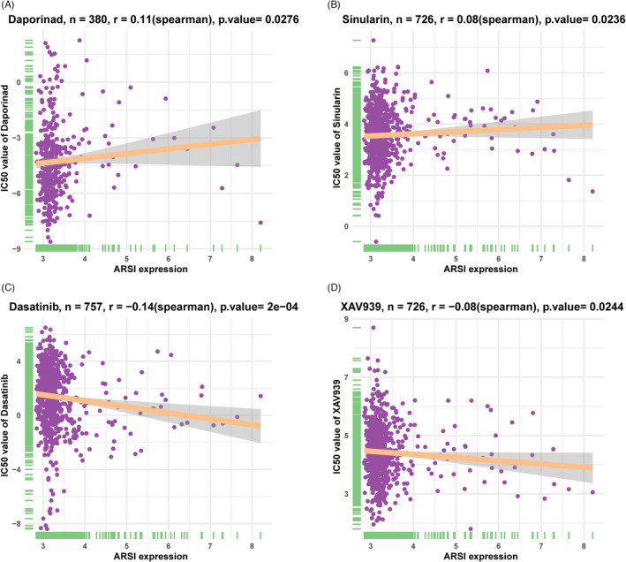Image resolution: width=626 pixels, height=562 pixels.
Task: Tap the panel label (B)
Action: coord(328,5)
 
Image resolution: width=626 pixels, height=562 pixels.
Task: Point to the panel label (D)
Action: coord(328,289)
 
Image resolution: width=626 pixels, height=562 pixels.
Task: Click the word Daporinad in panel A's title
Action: coord(39,20)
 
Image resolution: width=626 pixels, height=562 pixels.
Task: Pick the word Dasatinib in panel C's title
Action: coord(38,304)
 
